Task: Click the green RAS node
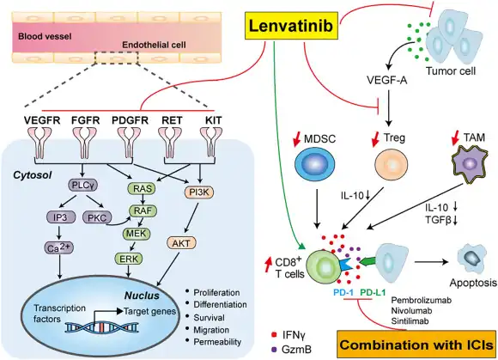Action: click(144, 187)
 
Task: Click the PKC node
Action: click(97, 218)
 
